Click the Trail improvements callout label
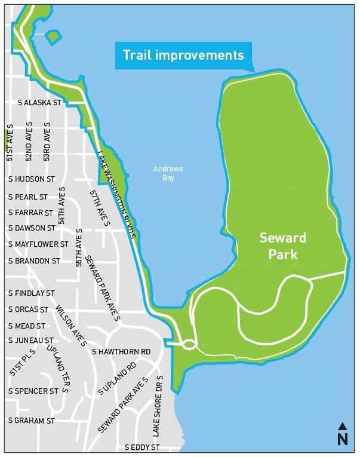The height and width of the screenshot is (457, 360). [x=183, y=56]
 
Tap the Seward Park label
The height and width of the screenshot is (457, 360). [x=282, y=246]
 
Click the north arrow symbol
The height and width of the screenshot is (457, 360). [x=342, y=434]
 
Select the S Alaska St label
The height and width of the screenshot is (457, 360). [x=41, y=103]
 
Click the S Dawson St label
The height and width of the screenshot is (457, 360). [x=31, y=228]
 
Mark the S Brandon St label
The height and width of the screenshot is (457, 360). [x=34, y=261]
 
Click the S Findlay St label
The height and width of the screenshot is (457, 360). [x=31, y=293]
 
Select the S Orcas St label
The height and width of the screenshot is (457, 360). [x=28, y=309]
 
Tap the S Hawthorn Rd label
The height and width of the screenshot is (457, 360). [x=121, y=351]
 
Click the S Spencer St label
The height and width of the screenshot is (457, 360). [x=33, y=390]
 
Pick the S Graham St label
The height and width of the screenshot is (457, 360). [x=31, y=421]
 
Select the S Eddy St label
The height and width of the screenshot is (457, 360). [x=142, y=447]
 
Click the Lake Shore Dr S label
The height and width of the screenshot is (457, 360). [x=157, y=406]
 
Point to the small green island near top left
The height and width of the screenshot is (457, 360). [x=53, y=36]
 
